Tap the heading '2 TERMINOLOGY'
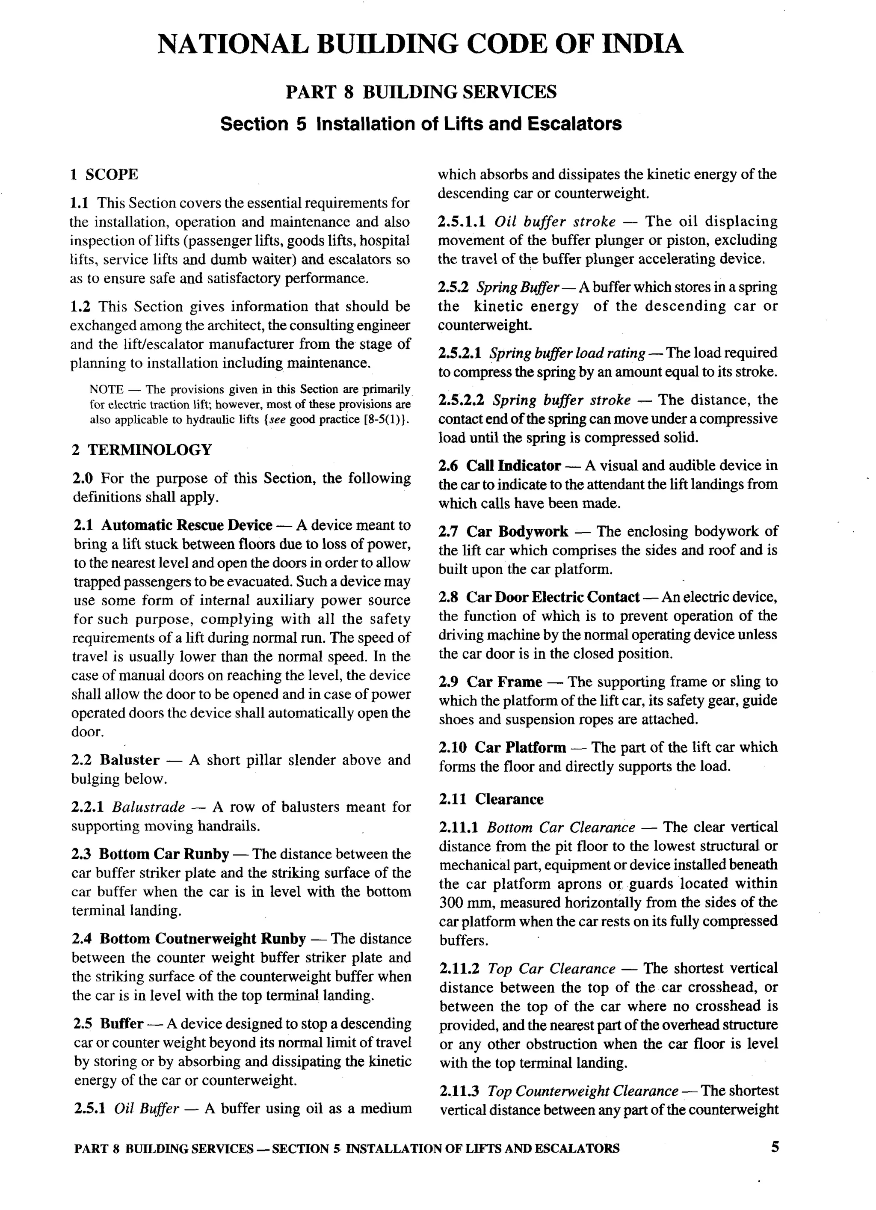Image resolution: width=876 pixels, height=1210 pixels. coord(142,450)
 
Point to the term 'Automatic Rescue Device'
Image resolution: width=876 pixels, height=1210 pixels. coord(187,525)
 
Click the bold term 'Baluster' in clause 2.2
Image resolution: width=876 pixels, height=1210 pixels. coord(130,760)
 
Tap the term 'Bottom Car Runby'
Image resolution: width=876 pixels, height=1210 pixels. coord(164,854)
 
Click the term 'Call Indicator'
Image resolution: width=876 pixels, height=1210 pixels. coord(513,466)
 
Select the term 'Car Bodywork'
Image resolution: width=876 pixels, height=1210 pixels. coord(517,531)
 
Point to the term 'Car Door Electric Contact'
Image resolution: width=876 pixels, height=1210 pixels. coord(553,597)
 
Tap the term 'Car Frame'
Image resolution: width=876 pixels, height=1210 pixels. coord(504,682)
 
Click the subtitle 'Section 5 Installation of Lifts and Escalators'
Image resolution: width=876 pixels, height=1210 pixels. coord(421,124)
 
